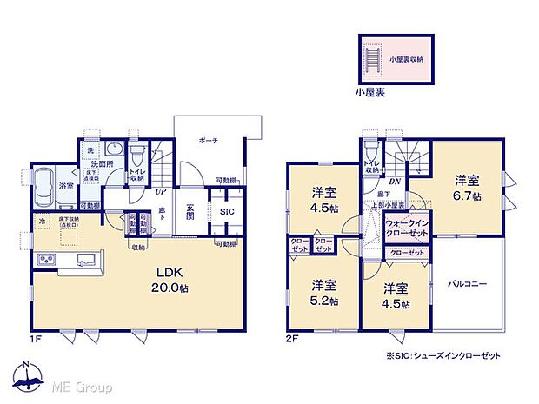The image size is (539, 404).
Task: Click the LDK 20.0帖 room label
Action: [x=168, y=280]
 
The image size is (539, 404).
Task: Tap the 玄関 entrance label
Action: [x=191, y=212]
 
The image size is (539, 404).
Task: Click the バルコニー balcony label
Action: [x=467, y=283]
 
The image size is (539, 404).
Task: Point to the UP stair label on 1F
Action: [x=161, y=193]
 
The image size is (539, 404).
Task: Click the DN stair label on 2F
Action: [x=395, y=182]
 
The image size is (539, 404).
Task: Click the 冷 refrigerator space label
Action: [x=41, y=222]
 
